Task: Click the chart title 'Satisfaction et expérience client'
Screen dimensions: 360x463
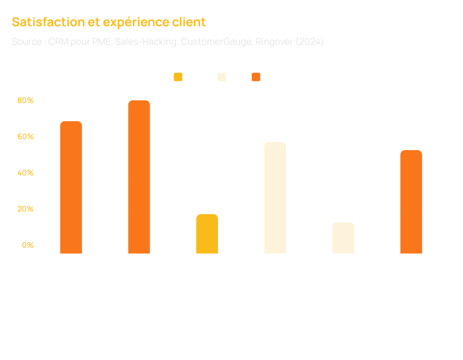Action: [x=109, y=22]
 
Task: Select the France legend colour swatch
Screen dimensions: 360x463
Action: [x=178, y=77]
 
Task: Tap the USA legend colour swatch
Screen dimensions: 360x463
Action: [x=222, y=77]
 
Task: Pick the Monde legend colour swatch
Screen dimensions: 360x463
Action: [x=256, y=77]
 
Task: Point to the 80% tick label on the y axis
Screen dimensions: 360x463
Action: [x=26, y=100]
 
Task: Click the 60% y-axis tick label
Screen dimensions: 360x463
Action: [x=26, y=137]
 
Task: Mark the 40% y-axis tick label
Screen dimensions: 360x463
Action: [x=26, y=173]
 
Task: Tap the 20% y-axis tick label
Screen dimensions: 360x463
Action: [x=26, y=209]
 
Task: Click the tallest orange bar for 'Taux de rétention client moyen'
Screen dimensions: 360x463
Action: [x=139, y=176]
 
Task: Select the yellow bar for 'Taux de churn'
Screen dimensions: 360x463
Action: [x=207, y=233]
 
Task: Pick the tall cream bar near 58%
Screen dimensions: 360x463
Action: [x=275, y=197]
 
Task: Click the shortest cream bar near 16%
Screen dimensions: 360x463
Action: [x=343, y=237]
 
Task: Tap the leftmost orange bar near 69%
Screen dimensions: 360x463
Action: [x=71, y=187]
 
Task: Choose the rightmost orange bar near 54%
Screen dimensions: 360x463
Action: [x=411, y=201]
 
